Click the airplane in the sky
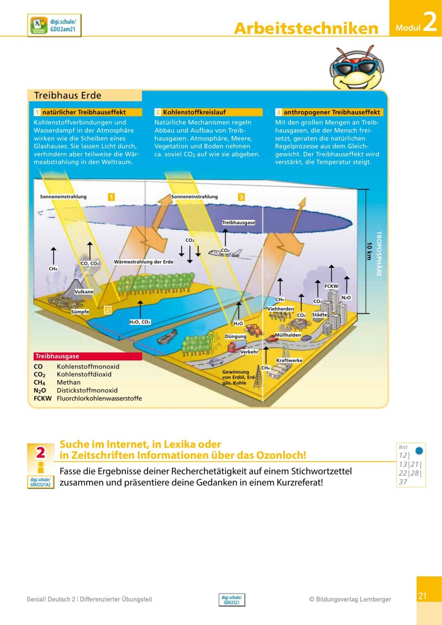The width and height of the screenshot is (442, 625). tap(225, 253)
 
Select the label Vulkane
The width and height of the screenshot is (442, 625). tap(84, 291)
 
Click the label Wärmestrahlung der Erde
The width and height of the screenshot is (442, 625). tap(144, 261)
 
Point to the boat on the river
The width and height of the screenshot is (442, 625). tap(167, 336)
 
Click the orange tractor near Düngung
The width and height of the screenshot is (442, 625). tap(254, 329)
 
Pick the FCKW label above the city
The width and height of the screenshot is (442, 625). tap(331, 286)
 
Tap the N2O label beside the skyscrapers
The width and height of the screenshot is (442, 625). tap(346, 297)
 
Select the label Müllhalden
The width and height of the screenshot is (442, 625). tap(288, 335)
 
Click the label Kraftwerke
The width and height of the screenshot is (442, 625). tap(289, 360)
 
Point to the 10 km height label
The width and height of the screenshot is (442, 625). tap(369, 251)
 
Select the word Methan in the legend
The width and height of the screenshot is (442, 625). tap(69, 382)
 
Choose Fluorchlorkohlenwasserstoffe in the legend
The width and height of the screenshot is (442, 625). tap(99, 398)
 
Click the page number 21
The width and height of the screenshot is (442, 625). tap(423, 596)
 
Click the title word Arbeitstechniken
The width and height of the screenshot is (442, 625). tap(306, 28)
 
